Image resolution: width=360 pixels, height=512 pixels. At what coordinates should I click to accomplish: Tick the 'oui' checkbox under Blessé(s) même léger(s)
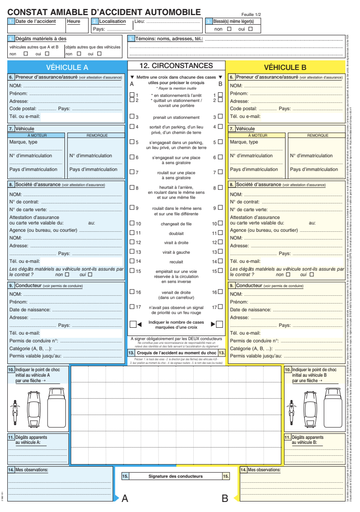(x=250, y=29)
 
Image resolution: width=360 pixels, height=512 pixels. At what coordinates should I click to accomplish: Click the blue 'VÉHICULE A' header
(x=68, y=68)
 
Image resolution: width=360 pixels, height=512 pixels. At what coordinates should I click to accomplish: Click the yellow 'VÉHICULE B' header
(x=285, y=68)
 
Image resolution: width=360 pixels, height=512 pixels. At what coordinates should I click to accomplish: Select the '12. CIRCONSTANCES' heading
(x=176, y=66)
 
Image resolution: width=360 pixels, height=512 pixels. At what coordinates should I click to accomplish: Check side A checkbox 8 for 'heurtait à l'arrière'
(x=132, y=188)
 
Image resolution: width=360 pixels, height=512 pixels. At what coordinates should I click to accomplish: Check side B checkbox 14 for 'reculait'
(x=220, y=261)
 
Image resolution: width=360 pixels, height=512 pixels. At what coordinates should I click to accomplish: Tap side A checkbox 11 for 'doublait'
(x=132, y=233)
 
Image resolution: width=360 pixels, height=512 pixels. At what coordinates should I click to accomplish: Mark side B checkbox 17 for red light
(x=220, y=307)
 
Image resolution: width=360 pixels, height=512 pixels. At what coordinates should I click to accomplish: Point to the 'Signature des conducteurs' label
(x=176, y=476)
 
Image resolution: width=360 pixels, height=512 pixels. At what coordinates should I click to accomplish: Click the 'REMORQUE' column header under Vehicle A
(x=96, y=135)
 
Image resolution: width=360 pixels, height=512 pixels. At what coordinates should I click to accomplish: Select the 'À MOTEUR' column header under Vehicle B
(x=258, y=135)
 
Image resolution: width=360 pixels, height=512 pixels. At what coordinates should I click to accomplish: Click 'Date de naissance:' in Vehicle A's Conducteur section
(x=30, y=310)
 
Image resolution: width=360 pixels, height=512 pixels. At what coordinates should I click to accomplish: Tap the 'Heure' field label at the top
(x=73, y=21)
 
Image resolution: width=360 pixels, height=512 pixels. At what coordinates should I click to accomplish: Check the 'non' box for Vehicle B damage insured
(x=289, y=275)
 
